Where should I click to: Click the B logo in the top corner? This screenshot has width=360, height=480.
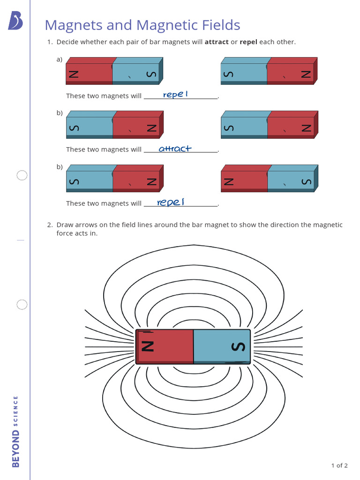click(15, 21)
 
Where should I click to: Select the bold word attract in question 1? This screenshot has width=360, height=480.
click(217, 42)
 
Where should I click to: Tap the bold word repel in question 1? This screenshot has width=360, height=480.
click(248, 42)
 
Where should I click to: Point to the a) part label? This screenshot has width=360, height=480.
click(60, 59)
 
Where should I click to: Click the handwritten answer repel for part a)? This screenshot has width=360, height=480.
click(175, 95)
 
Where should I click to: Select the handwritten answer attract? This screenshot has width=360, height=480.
click(175, 149)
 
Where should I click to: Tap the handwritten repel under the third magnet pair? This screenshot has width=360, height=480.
click(171, 202)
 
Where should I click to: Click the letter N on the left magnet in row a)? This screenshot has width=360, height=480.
click(74, 74)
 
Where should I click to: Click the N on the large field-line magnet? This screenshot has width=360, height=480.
click(148, 346)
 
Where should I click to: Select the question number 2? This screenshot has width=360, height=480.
click(49, 225)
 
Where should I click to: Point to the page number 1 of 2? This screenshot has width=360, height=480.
click(339, 465)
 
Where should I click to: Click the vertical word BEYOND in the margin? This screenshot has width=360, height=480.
click(16, 449)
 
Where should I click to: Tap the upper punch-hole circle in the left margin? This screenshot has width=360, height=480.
click(22, 176)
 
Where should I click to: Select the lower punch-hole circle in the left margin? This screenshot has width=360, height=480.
click(22, 305)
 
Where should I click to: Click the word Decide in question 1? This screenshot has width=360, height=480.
click(67, 42)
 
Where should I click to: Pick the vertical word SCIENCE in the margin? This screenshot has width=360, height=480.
click(16, 411)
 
